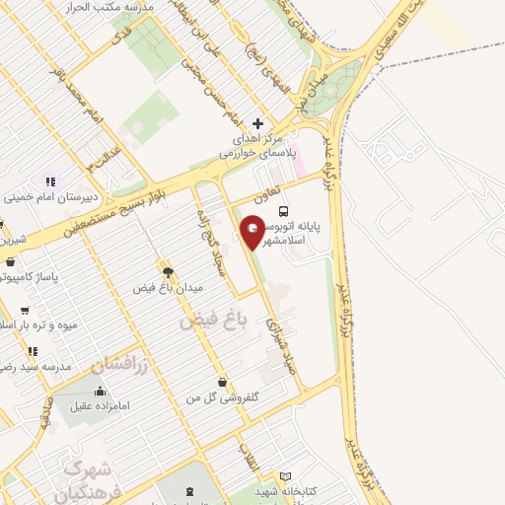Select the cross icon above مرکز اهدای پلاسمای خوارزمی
point(258,123)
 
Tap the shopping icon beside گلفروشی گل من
point(222,382)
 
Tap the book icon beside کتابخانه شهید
point(286,476)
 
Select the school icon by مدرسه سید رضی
point(33,350)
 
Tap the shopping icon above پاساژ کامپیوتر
point(11,262)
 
